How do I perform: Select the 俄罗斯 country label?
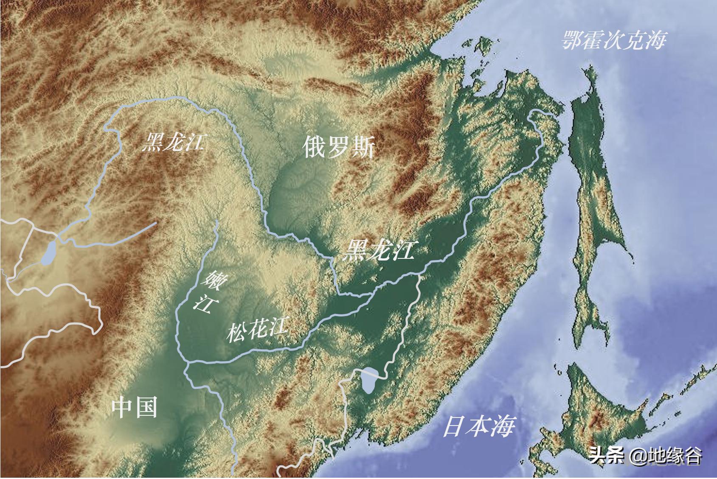[339, 148]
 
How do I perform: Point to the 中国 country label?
[134, 407]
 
